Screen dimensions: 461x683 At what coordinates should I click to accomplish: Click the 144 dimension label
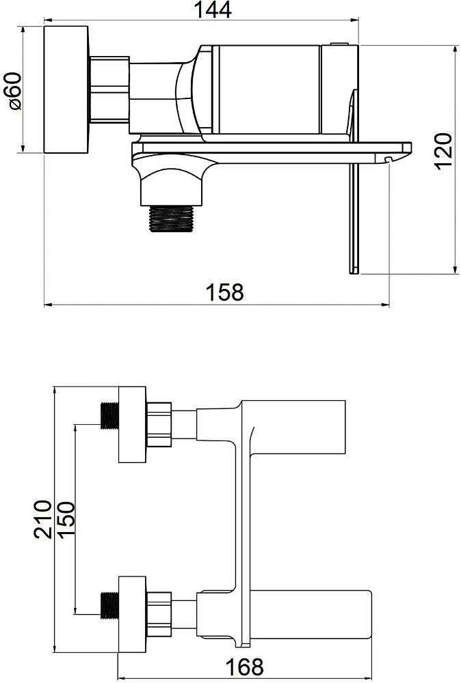point(212,10)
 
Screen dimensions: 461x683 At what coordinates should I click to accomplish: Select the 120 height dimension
point(443,151)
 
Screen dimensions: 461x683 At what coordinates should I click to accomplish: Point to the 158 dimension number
point(224,292)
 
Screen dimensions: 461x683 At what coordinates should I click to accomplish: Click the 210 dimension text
point(42,520)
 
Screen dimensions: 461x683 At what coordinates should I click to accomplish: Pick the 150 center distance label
point(66,520)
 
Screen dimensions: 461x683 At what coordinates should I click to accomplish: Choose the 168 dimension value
point(245,667)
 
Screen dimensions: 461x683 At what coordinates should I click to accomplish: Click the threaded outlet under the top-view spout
point(171,219)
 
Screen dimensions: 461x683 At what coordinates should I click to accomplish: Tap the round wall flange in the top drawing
point(66,89)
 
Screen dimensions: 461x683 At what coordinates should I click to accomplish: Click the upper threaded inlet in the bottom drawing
point(109,415)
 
